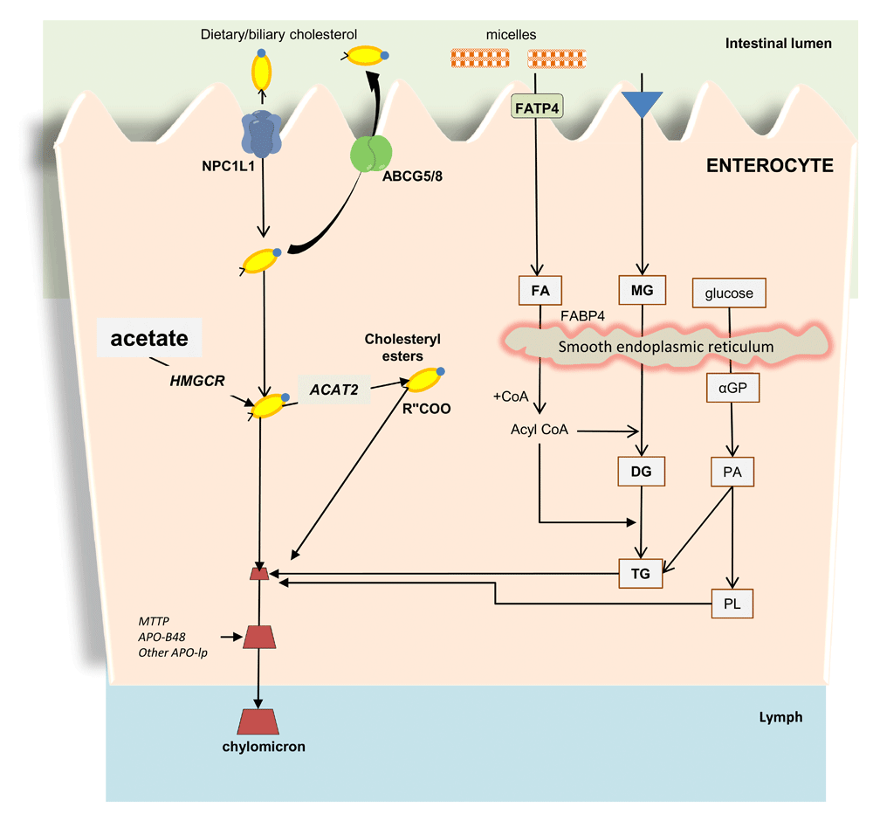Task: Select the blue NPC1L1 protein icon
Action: [x=258, y=134]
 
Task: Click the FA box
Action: [x=540, y=289]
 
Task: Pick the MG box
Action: [x=642, y=289]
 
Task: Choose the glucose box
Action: [x=728, y=293]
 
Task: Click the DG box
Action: [x=642, y=473]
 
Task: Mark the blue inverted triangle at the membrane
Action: [x=642, y=103]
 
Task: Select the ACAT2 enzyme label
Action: [x=333, y=390]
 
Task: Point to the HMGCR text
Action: [x=196, y=381]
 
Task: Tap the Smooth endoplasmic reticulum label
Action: [x=666, y=347]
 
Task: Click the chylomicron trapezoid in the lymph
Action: [x=258, y=721]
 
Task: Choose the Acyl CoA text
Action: [x=540, y=430]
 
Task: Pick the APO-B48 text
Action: [x=161, y=637]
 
